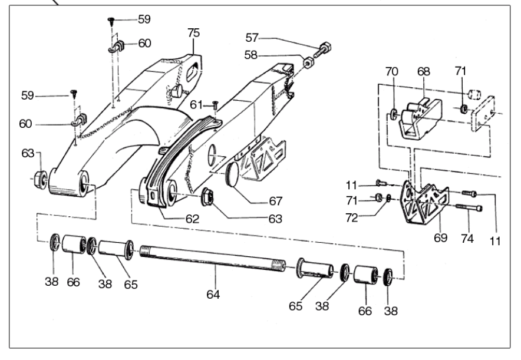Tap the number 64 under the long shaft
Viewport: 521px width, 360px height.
[213, 293]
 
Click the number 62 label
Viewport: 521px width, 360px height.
[190, 218]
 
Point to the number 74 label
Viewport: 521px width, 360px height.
[467, 238]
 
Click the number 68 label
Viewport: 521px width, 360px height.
[424, 71]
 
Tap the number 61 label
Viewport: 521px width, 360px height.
[197, 104]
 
